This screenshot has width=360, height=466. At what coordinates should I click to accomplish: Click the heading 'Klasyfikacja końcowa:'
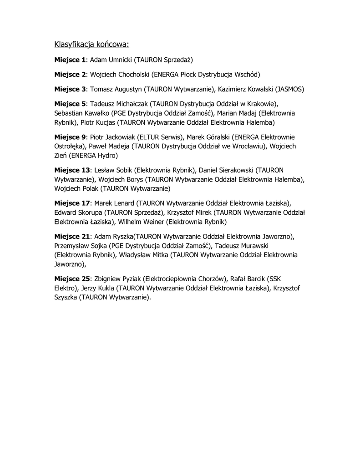pos(92,44)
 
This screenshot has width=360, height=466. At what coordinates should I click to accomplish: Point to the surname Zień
pos(61,156)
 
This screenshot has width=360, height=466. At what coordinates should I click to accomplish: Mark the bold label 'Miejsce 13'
pos(72,170)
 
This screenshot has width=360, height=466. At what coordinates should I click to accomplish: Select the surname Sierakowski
pos(223,170)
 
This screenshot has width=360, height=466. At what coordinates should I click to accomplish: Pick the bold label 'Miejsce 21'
pos(72,236)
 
